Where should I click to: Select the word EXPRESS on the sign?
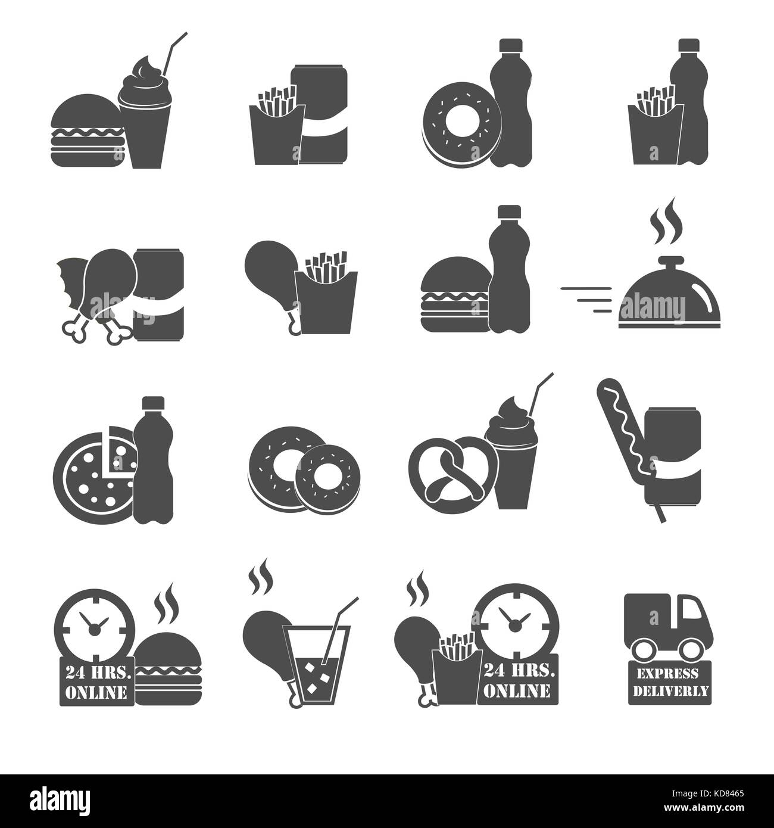click(666, 673)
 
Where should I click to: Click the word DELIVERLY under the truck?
click(670, 691)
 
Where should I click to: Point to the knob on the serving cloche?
click(670, 261)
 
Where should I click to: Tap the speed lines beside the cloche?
click(586, 300)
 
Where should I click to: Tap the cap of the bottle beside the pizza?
click(154, 403)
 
